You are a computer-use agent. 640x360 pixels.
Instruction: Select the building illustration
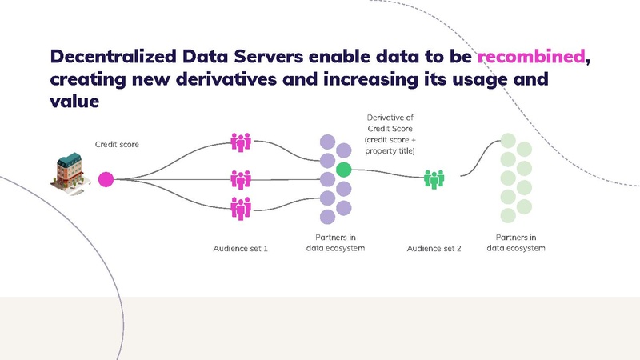coord(72,174)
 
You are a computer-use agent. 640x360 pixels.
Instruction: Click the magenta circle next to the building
coord(106,179)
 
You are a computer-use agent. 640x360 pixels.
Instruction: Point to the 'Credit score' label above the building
coord(117,144)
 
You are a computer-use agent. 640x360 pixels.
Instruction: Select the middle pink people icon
coord(241,179)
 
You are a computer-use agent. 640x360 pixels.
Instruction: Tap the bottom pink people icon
coord(241,208)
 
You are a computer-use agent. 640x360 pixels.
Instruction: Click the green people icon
coord(434,179)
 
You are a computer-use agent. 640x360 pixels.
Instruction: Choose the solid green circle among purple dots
coord(344,169)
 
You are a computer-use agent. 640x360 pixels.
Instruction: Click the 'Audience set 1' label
coord(240,249)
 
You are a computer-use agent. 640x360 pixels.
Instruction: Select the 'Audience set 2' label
coord(434,249)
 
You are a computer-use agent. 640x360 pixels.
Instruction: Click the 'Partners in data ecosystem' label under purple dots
coord(336,243)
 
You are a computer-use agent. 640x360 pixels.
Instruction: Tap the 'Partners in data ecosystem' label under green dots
coord(516,243)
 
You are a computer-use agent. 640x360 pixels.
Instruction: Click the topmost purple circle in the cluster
coord(327,142)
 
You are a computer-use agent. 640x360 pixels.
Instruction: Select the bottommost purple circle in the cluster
coord(327,216)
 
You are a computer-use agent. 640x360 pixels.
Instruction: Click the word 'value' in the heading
coord(74,102)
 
